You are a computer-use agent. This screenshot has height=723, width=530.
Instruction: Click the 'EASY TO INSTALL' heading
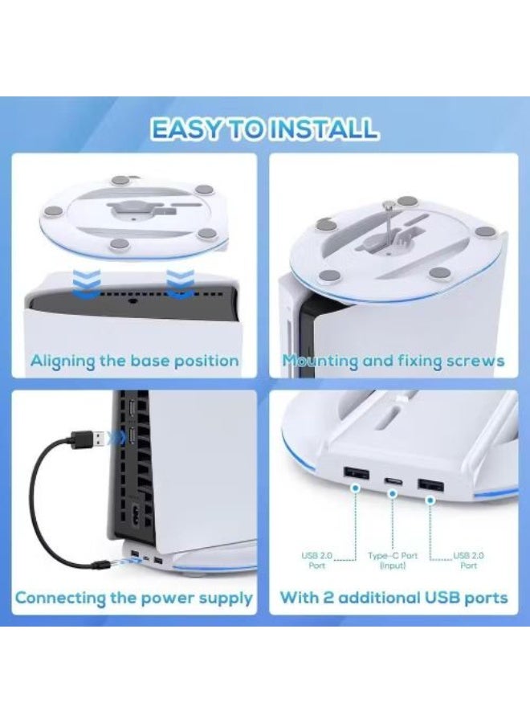265,129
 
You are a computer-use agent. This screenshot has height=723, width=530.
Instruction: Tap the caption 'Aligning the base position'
135,361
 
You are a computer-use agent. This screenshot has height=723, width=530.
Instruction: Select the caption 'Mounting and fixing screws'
393,361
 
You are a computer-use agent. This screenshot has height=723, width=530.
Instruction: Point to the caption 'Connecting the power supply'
134,598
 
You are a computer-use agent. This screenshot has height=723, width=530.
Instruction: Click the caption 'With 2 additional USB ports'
393,598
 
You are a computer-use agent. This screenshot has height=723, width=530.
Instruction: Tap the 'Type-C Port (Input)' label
393,560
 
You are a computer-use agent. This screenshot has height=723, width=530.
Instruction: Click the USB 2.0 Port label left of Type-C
316,560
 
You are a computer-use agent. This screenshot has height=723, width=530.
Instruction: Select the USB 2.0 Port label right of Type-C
468,560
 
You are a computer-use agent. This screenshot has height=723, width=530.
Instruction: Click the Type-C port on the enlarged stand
393,481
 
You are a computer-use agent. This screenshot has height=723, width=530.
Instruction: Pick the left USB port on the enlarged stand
356,472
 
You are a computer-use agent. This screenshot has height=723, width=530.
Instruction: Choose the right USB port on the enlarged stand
431,485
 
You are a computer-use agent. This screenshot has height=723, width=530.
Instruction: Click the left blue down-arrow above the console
87,283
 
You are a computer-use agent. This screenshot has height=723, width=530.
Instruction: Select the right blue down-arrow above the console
180,283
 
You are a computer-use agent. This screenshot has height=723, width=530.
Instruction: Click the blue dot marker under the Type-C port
393,494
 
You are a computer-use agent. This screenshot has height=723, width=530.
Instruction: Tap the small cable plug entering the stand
102,563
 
